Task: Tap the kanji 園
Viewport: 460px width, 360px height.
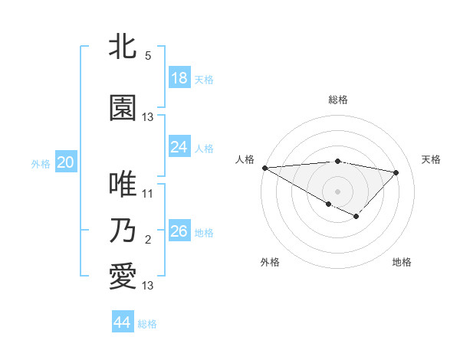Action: click(x=123, y=109)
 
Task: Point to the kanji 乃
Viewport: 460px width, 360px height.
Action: click(x=123, y=231)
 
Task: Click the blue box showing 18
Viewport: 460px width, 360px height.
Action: click(x=179, y=78)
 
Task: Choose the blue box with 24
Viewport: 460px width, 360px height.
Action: click(x=179, y=147)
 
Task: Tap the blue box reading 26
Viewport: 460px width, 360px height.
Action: click(x=179, y=231)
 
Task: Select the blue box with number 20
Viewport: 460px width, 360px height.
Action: click(x=66, y=162)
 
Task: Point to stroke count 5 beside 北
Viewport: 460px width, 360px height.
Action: click(x=148, y=56)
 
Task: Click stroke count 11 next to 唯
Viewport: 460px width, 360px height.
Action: click(x=148, y=194)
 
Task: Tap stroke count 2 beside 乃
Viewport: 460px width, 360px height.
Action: click(x=148, y=241)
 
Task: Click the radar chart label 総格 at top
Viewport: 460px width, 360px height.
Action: click(x=338, y=100)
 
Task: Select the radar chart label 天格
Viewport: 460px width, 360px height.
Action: click(x=431, y=159)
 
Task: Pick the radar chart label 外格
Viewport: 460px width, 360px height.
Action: click(x=270, y=262)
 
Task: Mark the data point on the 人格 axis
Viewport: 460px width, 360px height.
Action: click(x=264, y=167)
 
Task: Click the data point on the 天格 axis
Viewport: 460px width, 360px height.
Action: click(x=396, y=172)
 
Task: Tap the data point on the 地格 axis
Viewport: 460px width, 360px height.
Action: click(x=356, y=217)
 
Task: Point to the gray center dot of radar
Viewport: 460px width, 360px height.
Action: click(x=337, y=191)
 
